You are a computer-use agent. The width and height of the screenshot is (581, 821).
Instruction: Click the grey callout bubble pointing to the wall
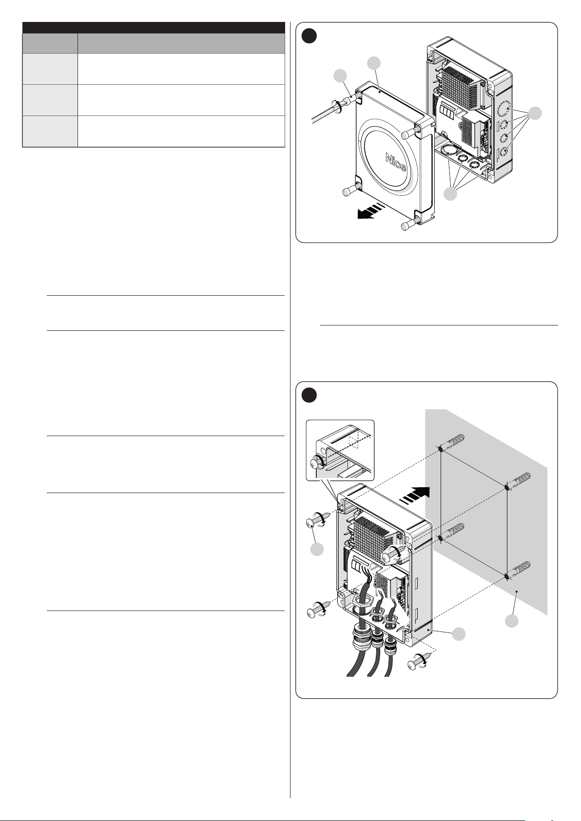tap(511, 621)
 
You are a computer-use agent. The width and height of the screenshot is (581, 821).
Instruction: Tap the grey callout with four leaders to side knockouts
tap(535, 114)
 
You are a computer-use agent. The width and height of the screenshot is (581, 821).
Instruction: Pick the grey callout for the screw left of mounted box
tap(317, 550)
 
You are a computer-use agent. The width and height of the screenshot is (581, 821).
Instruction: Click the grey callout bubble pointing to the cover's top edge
tap(374, 63)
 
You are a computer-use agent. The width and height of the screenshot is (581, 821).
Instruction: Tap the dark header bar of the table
tap(154, 27)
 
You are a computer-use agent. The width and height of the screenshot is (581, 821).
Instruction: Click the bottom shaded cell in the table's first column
tap(50, 131)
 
